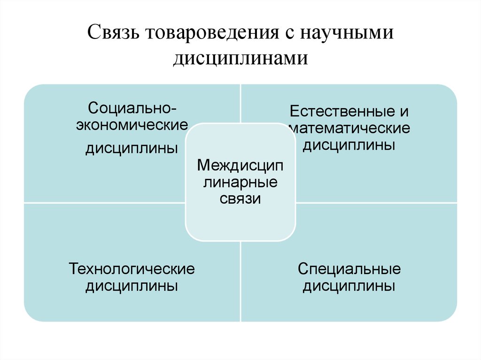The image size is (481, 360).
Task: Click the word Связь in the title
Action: click(114, 32)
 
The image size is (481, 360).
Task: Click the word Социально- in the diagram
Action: click(132, 108)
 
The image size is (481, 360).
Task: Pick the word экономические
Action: click(132, 125)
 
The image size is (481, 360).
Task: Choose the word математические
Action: click(349, 128)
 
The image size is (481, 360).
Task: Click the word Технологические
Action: click(132, 268)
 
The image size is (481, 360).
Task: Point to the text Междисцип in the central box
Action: click(240, 165)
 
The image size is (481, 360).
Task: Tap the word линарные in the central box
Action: click(240, 183)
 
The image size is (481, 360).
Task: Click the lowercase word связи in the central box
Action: click(240, 199)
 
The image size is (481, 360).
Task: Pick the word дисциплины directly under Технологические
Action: click(132, 286)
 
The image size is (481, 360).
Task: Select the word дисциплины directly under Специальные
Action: click(349, 286)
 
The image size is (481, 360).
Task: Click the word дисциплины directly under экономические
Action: click(132, 148)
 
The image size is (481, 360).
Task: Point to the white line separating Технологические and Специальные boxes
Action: click(241, 281)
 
